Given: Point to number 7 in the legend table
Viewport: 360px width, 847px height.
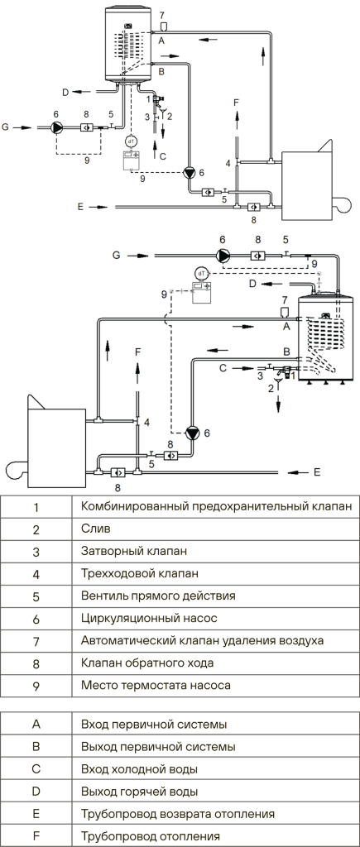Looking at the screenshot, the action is [x=36, y=641].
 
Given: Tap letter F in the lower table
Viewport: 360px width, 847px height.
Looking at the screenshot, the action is [x=36, y=836].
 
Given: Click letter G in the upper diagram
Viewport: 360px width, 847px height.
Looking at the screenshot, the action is [x=6, y=127].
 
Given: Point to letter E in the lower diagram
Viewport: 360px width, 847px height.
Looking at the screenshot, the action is [x=317, y=472].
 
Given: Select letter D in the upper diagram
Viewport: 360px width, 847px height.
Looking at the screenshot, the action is [x=65, y=93].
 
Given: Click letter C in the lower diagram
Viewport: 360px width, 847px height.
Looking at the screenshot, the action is [x=222, y=368].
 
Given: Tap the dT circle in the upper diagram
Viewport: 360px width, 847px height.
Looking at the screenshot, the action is [x=131, y=141].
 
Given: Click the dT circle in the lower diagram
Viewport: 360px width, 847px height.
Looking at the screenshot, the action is [x=202, y=273].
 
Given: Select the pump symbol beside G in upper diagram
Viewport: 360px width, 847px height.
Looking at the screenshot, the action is [x=57, y=127].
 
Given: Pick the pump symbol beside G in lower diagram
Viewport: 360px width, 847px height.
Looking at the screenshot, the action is [x=223, y=255].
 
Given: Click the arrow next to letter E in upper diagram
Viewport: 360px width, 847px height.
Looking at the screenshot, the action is [x=100, y=206].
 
